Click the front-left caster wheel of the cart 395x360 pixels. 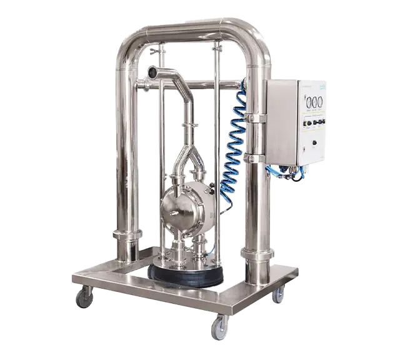(84, 297)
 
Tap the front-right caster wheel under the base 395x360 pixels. (218, 327)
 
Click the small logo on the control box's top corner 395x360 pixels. (322, 86)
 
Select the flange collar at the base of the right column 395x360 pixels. (256, 252)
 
